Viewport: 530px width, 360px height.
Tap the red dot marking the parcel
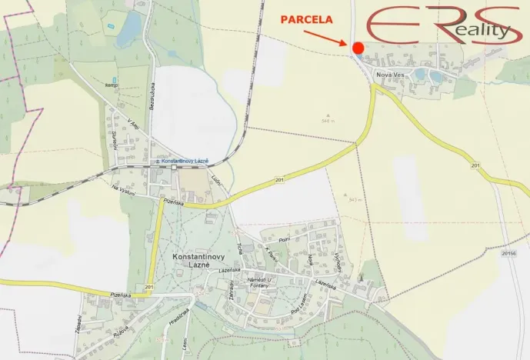coord(358,48)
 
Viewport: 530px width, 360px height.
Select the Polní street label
coord(284,241)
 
